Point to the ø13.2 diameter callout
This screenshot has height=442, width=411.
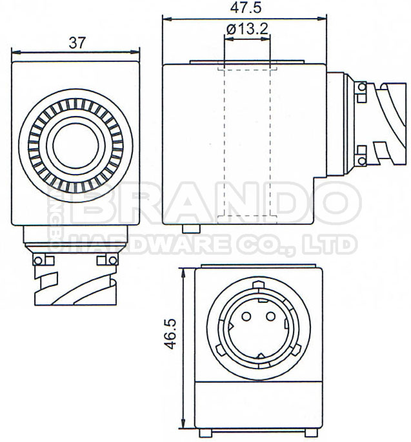coord(248,29)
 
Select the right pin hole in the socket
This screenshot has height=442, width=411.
coord(272,317)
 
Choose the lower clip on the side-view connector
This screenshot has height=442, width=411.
coord(361,154)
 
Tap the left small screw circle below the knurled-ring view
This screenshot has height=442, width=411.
coord(39,260)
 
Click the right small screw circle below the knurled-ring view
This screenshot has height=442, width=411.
coord(112,260)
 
